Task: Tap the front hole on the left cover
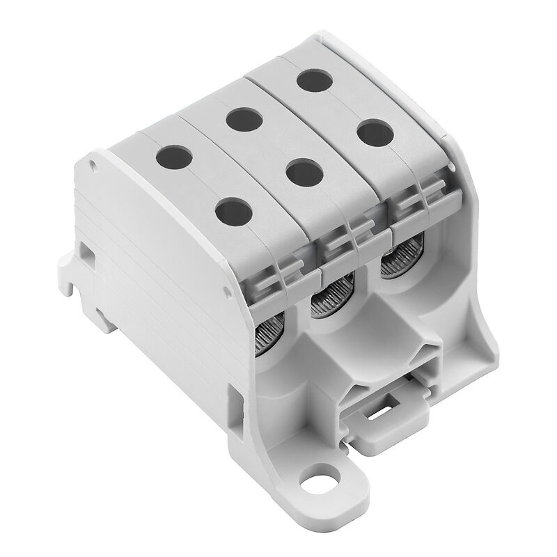[x=234, y=212]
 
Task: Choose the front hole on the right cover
[x=375, y=133]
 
